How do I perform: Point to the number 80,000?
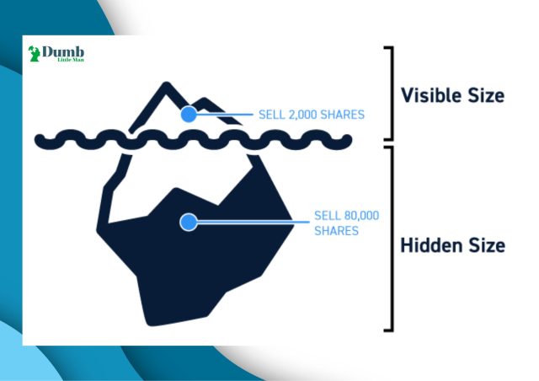360,216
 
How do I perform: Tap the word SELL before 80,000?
327,216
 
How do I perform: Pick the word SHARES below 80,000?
337,231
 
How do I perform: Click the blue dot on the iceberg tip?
189,114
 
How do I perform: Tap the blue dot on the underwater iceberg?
189,222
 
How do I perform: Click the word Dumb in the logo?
63,52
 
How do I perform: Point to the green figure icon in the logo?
34,54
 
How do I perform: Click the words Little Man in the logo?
71,60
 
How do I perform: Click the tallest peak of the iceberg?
167,83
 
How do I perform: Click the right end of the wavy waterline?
348,139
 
